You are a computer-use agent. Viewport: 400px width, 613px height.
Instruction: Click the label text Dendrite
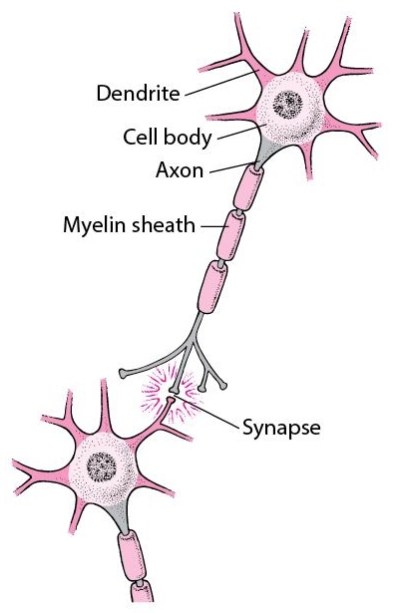[139, 94]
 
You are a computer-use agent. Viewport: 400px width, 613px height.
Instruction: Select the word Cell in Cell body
[140, 137]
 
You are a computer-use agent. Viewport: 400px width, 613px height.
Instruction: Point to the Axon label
[180, 170]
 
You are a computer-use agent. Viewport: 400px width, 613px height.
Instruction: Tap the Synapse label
[281, 428]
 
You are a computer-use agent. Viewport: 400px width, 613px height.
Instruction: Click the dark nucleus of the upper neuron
[288, 105]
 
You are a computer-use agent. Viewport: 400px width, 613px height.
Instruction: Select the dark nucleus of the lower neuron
[102, 466]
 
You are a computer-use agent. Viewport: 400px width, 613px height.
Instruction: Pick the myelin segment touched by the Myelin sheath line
[231, 235]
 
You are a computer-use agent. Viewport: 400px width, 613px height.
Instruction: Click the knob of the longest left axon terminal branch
[123, 374]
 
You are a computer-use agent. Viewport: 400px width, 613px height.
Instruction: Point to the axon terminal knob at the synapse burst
[174, 390]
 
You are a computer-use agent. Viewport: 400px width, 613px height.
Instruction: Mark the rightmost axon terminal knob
[223, 387]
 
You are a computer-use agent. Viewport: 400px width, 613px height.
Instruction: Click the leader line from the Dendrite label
[221, 83]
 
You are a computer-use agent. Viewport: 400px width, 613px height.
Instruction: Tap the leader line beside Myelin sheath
[214, 226]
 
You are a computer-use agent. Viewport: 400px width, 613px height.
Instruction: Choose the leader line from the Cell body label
[241, 132]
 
